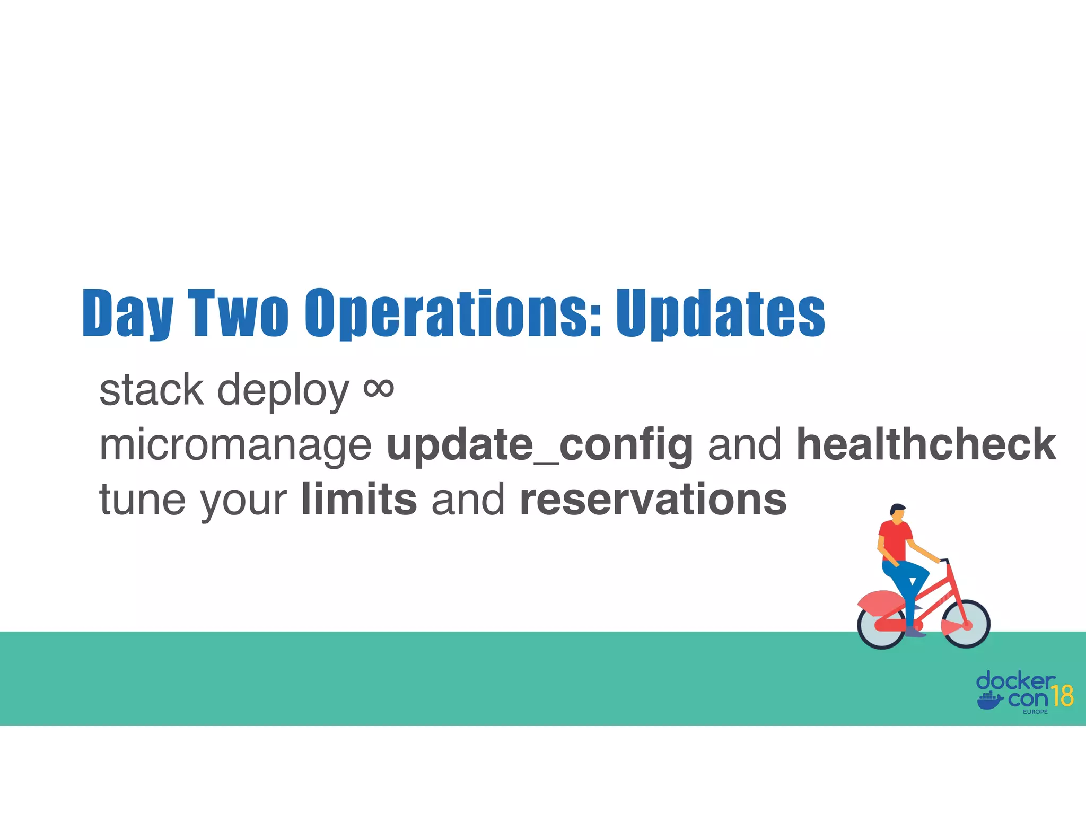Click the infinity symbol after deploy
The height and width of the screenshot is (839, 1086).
pos(379,388)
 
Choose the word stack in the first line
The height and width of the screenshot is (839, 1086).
pos(151,390)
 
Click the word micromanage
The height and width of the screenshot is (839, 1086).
pos(235,445)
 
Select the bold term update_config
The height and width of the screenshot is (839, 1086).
pos(539,445)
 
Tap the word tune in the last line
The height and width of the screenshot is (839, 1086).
pos(142,500)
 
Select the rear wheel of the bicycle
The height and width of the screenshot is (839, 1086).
pos(881,626)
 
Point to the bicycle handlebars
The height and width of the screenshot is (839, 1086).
pos(944,560)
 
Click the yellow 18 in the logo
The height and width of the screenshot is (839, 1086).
pos(1062,696)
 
